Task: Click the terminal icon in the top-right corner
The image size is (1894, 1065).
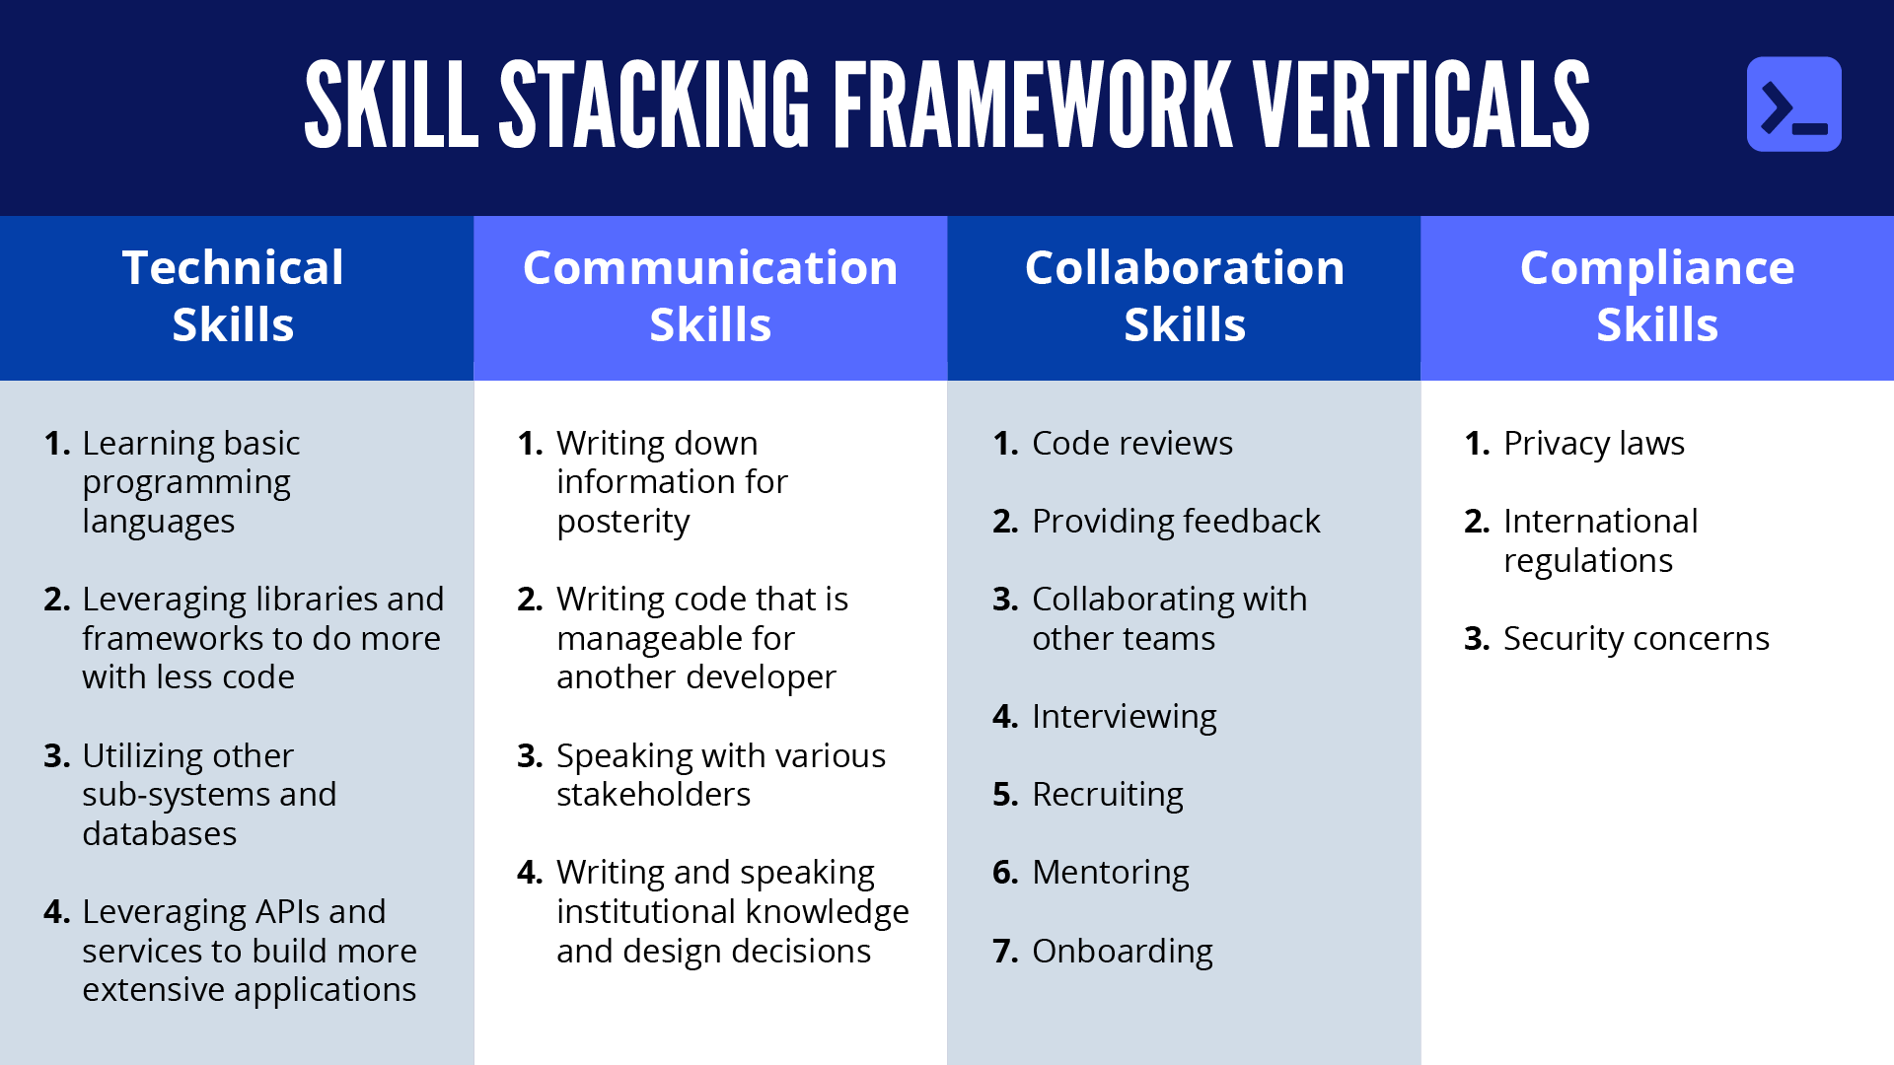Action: (x=1793, y=104)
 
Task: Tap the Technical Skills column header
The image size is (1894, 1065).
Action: (x=233, y=296)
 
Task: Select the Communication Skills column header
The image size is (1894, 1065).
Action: (x=710, y=296)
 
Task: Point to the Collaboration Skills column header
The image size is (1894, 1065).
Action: (x=1185, y=296)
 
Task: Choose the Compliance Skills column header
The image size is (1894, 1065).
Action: (x=1657, y=296)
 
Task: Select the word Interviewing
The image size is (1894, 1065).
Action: (x=1125, y=717)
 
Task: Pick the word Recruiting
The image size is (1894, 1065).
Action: (x=1108, y=795)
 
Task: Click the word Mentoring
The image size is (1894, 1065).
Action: (x=1111, y=873)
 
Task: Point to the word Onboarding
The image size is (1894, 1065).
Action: (x=1123, y=952)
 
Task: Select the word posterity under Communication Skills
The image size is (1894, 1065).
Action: (x=623, y=523)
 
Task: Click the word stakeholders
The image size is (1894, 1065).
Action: (x=653, y=795)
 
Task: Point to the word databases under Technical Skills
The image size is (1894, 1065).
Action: (x=160, y=834)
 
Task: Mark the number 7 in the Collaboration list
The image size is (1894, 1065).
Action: (x=1005, y=952)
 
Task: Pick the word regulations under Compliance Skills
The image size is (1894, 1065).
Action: (x=1588, y=561)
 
